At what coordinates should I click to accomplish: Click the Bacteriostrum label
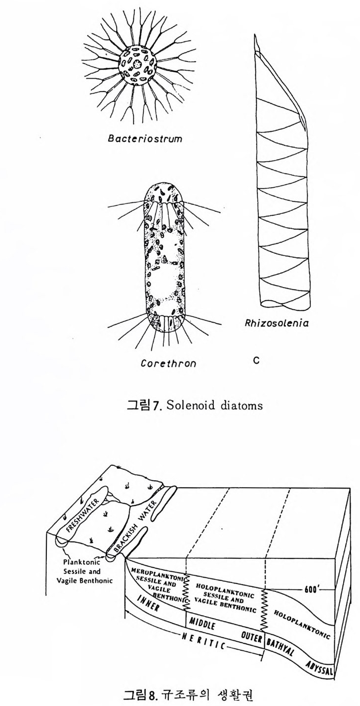(x=145, y=139)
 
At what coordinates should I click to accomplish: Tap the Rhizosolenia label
(x=276, y=323)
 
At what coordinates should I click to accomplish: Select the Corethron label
(x=168, y=364)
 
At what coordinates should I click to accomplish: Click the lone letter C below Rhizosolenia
(x=256, y=360)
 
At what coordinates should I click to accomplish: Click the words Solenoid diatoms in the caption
(x=214, y=405)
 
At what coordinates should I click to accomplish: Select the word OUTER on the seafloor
(x=251, y=636)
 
